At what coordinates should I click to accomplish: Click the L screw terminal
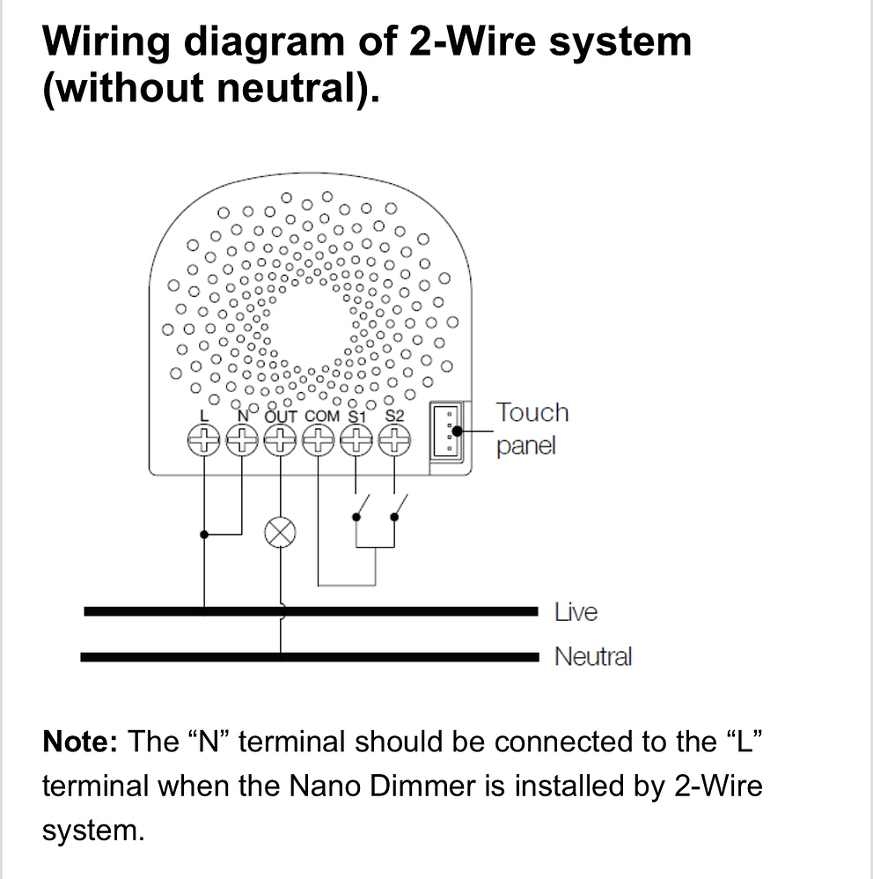coord(203,440)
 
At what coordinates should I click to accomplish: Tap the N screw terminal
coord(241,440)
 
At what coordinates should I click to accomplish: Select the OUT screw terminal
coord(280,440)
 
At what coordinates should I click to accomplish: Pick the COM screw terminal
coord(318,440)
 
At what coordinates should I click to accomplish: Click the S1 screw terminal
coord(356,440)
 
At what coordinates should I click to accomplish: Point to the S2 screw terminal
coord(394,440)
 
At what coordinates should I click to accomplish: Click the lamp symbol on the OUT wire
coord(280,532)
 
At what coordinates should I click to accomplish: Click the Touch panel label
coord(531,428)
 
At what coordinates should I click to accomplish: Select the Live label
coord(576,611)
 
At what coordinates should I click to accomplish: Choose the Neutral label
coord(592,656)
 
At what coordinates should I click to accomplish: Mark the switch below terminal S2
coord(399,508)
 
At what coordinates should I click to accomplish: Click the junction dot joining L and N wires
coord(204,534)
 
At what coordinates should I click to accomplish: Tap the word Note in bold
coord(79,742)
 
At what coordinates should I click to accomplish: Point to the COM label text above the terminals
coord(321,416)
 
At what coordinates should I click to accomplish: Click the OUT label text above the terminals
coord(282,416)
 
